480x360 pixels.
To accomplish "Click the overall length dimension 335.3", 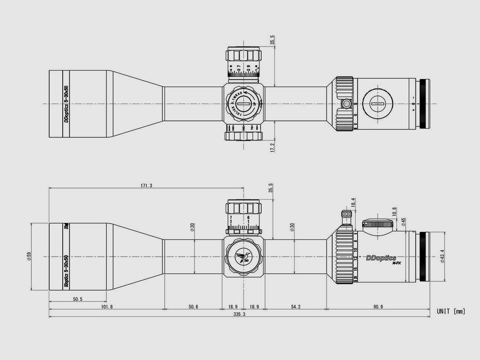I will pos(240,314).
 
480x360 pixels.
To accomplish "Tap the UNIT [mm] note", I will pos(451,311).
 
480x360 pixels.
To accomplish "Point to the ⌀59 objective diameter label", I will pos(28,257).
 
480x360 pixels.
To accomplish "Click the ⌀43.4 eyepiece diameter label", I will pos(442,257).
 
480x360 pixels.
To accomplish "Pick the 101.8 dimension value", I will pos(106,307).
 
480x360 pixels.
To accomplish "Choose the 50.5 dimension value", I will pos(78,299).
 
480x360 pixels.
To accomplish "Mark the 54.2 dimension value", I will pos(295,307).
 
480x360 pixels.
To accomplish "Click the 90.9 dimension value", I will pos(377,307).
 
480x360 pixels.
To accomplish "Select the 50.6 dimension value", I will pos(193,307).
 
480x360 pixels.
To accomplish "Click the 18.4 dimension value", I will pos(353,203).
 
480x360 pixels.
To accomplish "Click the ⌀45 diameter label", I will pos(403,223).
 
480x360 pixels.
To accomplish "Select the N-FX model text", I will pos(396,263).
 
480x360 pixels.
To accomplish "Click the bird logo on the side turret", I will pos(243,256).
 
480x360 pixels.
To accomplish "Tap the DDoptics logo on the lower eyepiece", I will pos(381,258).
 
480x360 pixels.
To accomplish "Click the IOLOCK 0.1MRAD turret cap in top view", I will pos(243,103).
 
